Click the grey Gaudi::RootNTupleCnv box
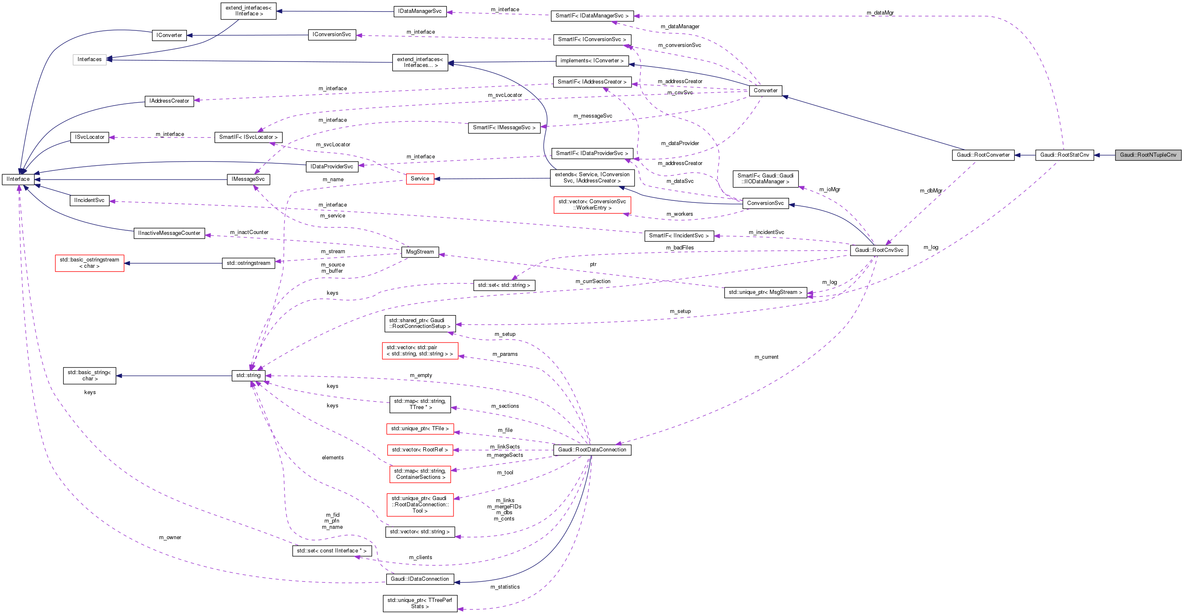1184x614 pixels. click(x=1148, y=155)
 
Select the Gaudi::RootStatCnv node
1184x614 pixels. click(x=1064, y=155)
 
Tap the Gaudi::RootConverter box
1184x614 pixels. click(x=983, y=155)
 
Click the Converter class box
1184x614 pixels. click(x=765, y=91)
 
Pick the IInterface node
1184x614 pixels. click(x=18, y=179)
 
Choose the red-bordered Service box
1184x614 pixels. click(x=419, y=179)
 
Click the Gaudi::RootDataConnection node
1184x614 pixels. click(x=592, y=450)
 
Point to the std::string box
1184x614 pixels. click(x=248, y=375)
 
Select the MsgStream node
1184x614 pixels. click(x=419, y=252)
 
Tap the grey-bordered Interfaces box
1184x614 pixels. click(x=89, y=59)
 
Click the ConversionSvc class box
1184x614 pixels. click(x=765, y=203)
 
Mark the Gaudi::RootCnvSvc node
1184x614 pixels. click(x=879, y=250)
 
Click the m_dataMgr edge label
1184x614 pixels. click(x=880, y=13)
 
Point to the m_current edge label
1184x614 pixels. click(x=766, y=357)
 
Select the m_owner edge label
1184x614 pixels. click(x=170, y=537)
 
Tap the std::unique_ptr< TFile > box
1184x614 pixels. click(x=419, y=429)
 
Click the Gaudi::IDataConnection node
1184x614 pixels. click(x=419, y=579)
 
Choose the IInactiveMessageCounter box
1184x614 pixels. click(x=169, y=233)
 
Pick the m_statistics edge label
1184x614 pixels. click(x=505, y=587)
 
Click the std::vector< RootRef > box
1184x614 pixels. click(x=419, y=450)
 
